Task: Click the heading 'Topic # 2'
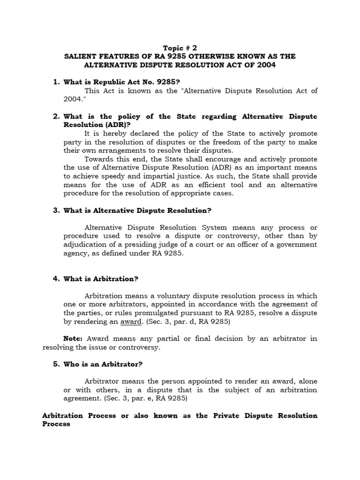coord(180,48)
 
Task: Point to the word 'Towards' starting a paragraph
coord(100,159)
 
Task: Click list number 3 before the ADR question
coord(56,210)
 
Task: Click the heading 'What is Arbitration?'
coord(101,279)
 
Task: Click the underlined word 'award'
coord(130,322)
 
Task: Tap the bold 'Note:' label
coord(73,338)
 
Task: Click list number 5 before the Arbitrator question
coord(56,364)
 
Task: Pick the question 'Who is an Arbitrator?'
coord(103,364)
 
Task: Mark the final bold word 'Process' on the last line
coord(56,424)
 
